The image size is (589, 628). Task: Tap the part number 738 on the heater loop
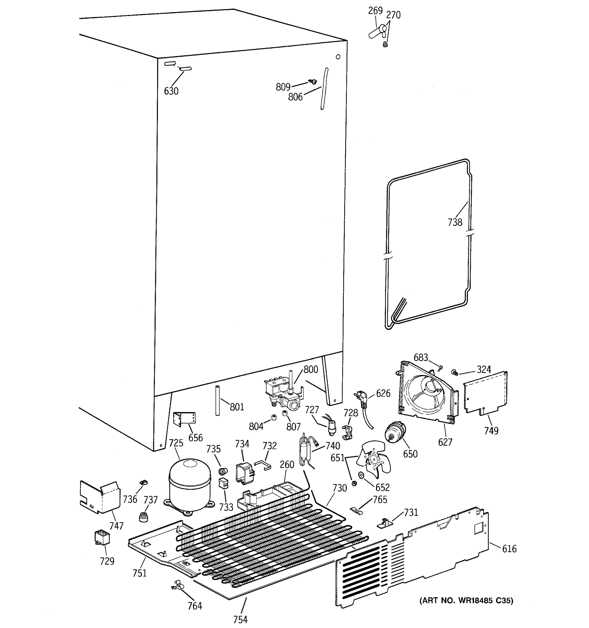tap(455, 222)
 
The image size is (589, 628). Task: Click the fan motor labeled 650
tap(395, 433)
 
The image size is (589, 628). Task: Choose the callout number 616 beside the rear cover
tap(509, 549)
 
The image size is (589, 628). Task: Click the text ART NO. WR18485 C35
tap(466, 600)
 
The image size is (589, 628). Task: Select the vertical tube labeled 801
tap(217, 401)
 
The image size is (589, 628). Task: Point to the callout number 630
tap(171, 91)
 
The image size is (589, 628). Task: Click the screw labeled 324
tap(455, 373)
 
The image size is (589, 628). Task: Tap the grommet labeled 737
tap(144, 517)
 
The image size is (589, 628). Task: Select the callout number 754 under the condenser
tap(240, 619)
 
